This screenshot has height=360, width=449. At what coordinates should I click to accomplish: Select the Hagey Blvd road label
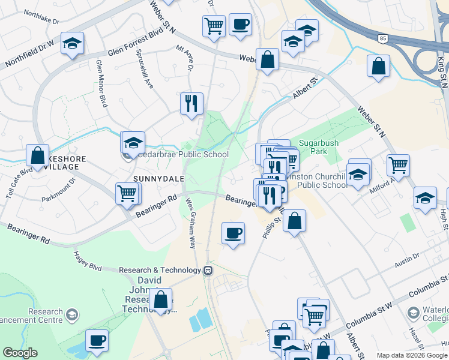pos(88,262)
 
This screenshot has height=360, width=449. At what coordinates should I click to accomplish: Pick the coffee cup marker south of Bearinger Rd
pos(233,233)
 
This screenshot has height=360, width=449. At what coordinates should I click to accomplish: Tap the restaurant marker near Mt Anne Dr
pos(191,103)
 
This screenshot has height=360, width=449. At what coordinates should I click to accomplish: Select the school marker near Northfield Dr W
pos(72,44)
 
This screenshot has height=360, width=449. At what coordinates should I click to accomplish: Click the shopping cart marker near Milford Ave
pos(398,164)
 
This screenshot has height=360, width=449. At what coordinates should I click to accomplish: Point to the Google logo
pos(20,353)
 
